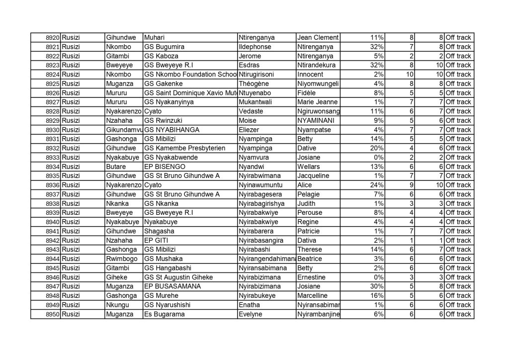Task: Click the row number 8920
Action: point(52,38)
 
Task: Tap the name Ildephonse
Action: point(256,47)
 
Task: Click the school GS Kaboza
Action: point(161,56)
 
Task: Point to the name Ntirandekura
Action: point(316,65)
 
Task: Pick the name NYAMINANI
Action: point(316,121)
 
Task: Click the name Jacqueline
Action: point(313,176)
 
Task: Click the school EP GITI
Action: point(156,240)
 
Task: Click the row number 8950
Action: point(52,314)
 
